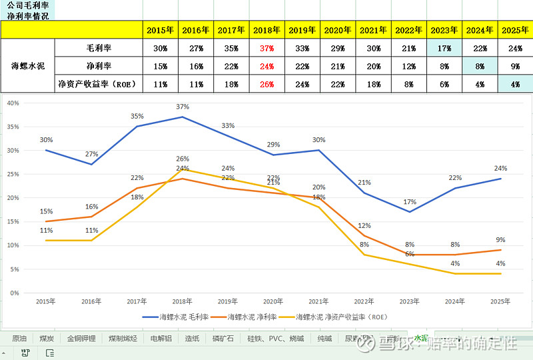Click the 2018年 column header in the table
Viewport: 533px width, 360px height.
click(x=267, y=30)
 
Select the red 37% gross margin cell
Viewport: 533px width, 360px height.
click(x=267, y=48)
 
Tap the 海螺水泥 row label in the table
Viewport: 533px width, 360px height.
click(x=28, y=66)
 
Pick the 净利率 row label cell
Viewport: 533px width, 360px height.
click(x=99, y=66)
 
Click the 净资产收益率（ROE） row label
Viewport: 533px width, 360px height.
click(x=99, y=84)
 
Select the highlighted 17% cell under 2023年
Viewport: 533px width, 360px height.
click(x=444, y=48)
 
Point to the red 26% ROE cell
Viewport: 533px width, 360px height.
click(x=267, y=84)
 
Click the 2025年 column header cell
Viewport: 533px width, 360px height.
click(x=515, y=30)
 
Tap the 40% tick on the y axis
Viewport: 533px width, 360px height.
click(x=13, y=103)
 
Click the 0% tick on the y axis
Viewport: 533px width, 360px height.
click(x=15, y=293)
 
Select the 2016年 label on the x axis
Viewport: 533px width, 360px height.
click(x=91, y=301)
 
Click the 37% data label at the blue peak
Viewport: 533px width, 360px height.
click(x=183, y=107)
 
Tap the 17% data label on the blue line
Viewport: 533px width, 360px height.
click(x=410, y=202)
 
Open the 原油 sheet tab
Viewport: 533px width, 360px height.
click(x=19, y=338)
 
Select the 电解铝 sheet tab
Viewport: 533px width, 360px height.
click(x=161, y=338)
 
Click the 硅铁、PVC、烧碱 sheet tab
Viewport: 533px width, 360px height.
click(x=275, y=338)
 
